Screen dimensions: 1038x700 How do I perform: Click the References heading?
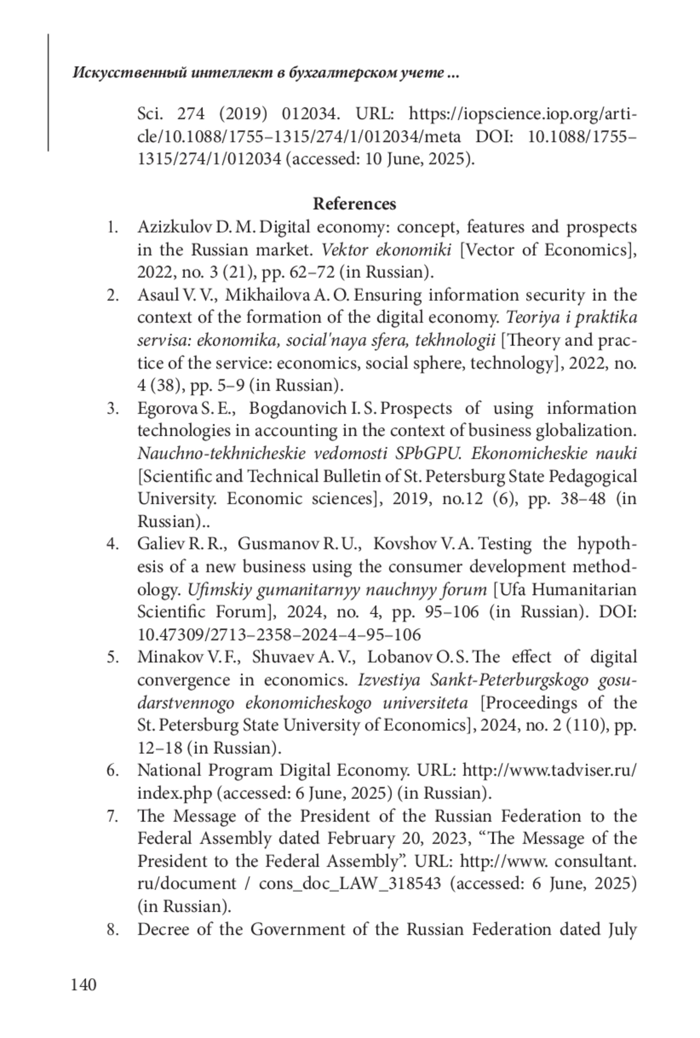(354, 204)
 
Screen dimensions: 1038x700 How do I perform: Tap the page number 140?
(83, 985)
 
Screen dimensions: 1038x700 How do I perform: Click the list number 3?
(113, 408)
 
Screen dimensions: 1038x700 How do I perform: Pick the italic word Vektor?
(345, 250)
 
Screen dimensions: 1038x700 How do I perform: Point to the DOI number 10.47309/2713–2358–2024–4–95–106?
(279, 634)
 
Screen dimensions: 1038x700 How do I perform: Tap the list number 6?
(113, 770)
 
